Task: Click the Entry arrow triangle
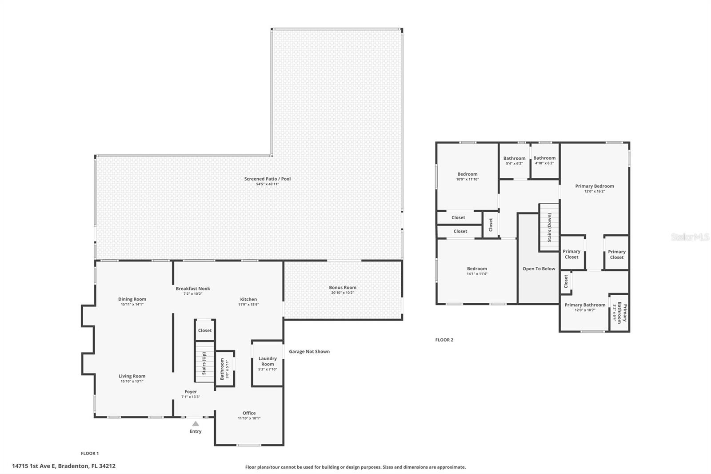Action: [196, 424]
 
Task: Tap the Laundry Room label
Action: [268, 361]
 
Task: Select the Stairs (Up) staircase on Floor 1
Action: [204, 362]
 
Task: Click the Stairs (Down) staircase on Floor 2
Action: [549, 227]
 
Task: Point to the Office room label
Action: [249, 413]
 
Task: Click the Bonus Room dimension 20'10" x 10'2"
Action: [343, 293]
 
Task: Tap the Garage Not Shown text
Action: [309, 351]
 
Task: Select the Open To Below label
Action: [539, 269]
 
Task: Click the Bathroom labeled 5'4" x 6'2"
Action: [514, 161]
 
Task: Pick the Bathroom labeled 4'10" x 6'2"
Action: [544, 160]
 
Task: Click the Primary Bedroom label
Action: [594, 186]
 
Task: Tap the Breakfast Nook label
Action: [193, 289]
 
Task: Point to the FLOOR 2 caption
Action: [444, 340]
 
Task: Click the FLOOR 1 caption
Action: [90, 453]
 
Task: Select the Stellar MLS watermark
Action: [690, 237]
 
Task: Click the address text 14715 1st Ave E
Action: [64, 466]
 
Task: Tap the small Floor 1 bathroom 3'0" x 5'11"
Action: [224, 369]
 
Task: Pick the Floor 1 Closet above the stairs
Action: [205, 330]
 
